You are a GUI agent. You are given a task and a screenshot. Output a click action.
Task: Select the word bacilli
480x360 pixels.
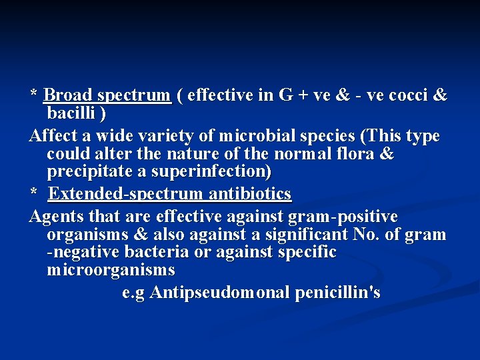71,113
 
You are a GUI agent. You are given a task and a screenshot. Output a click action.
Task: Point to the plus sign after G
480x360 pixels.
303,96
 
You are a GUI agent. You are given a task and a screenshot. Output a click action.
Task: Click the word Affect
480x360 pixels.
54,137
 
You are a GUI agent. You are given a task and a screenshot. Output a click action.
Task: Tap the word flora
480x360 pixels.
355,155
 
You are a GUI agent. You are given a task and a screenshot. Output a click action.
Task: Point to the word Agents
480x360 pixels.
55,217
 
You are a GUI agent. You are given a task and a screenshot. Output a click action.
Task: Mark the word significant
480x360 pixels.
304,235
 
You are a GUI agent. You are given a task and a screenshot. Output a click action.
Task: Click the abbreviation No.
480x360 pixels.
376,235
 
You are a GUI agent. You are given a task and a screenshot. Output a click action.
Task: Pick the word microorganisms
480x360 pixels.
111,270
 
